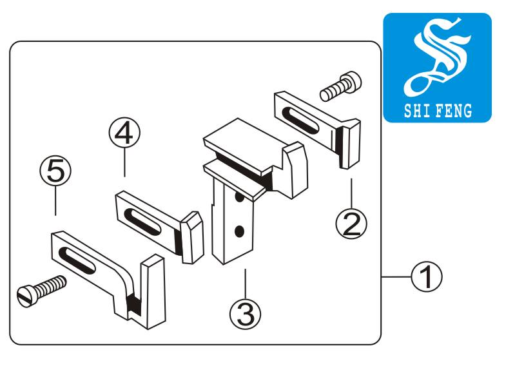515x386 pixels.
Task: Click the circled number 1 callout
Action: [x=426, y=276]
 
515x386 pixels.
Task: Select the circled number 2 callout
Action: [x=351, y=224]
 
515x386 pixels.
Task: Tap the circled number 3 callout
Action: [x=246, y=313]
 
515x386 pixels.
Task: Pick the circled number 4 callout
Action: [x=124, y=133]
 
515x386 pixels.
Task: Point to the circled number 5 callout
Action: [x=55, y=171]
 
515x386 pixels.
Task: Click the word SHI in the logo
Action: [x=417, y=111]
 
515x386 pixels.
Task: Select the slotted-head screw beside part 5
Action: [x=41, y=291]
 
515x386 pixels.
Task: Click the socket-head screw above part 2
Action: [x=340, y=86]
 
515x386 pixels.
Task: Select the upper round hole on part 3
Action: [x=240, y=198]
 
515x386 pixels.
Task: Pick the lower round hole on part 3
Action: [x=239, y=231]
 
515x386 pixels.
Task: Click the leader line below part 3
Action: [x=245, y=282]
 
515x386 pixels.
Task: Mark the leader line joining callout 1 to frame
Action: [x=396, y=276]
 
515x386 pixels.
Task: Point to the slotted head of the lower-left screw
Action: [x=25, y=296]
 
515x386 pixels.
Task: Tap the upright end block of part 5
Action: [x=153, y=291]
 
